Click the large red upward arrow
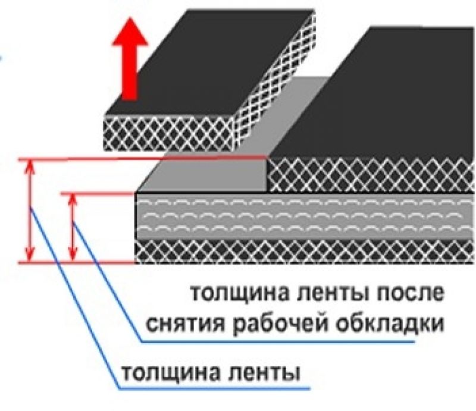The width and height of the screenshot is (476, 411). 130,59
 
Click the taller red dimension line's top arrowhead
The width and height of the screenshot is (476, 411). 29,167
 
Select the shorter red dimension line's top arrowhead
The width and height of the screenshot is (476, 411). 72,201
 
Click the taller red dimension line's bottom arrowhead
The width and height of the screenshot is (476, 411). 29,253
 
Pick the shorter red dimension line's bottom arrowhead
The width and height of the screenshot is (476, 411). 72,253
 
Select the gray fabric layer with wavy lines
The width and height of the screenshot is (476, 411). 304,216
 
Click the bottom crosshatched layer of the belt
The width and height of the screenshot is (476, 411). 304,252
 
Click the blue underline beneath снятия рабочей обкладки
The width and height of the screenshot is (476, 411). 278,342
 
